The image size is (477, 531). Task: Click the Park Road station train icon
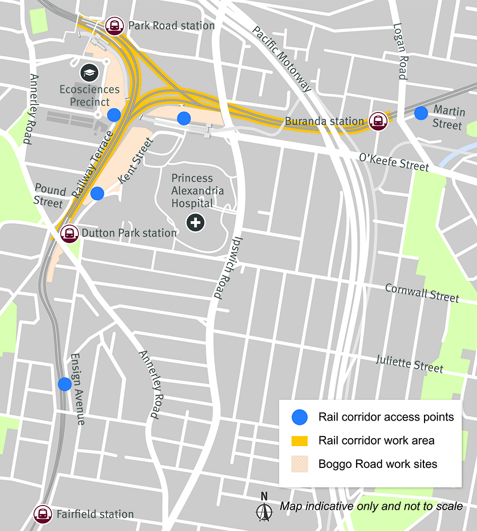[x=114, y=25]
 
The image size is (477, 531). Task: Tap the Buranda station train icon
[x=378, y=121]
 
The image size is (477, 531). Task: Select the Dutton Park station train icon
[x=69, y=233]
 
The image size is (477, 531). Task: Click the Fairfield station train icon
[x=42, y=514]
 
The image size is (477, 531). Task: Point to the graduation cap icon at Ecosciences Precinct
[x=89, y=73]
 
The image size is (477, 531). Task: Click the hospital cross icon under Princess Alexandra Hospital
[x=196, y=222]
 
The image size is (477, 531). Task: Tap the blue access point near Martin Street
[x=421, y=113]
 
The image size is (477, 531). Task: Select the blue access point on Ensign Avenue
[x=65, y=384]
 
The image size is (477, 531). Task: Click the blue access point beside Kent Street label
[x=97, y=193]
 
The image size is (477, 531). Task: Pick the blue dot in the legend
[x=300, y=417]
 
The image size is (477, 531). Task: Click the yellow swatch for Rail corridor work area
[x=300, y=440]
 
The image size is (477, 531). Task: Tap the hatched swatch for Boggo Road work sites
[x=300, y=464]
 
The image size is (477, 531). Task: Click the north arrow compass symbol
[x=263, y=508]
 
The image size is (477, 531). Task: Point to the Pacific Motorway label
[x=281, y=58]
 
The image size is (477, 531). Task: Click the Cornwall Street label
[x=422, y=293]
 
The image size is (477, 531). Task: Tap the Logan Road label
[x=400, y=51]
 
